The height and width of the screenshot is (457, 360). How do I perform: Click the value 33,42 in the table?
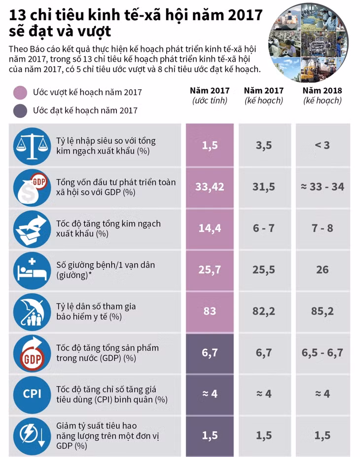tap(210, 187)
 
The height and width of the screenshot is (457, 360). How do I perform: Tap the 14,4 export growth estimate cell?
tap(210, 228)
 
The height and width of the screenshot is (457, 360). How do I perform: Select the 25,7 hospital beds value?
tap(210, 270)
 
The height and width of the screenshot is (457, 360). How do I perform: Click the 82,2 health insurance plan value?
tap(264, 311)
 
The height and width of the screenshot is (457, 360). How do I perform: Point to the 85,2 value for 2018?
tap(323, 311)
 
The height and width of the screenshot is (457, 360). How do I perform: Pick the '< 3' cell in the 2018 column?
tap(323, 145)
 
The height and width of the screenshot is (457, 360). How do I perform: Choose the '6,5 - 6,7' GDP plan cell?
tap(323, 353)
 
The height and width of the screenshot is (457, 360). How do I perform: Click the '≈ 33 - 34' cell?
tap(323, 187)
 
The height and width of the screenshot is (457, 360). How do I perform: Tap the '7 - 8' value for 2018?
tap(323, 228)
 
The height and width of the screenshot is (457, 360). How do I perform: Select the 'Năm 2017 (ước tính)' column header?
tap(210, 96)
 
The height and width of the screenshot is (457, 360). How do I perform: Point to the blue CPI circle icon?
tap(32, 394)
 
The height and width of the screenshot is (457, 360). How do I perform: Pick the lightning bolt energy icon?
tap(32, 435)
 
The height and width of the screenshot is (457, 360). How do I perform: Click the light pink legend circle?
tap(20, 93)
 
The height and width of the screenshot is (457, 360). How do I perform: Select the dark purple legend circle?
tap(20, 111)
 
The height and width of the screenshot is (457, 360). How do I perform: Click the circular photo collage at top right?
tap(308, 42)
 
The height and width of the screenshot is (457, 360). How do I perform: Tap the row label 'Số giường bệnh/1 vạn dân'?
tap(106, 265)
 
